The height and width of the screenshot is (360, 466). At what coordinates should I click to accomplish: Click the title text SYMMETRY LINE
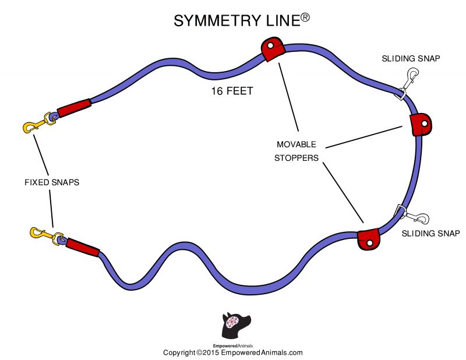point(236,20)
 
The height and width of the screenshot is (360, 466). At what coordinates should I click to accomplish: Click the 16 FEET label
point(232,91)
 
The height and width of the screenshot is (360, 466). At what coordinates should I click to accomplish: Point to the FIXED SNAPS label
point(51,182)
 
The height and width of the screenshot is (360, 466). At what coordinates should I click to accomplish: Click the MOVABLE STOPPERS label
point(296,150)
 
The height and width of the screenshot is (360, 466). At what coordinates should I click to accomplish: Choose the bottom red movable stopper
point(368,239)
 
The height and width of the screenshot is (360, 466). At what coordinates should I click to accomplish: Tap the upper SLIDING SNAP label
point(411,59)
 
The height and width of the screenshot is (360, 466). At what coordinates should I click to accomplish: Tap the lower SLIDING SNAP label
point(431,234)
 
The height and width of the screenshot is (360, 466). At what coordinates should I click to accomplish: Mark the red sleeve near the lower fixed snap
point(82,248)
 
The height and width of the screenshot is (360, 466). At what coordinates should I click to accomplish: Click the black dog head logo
point(236,324)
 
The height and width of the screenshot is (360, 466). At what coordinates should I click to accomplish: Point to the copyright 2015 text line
point(232,352)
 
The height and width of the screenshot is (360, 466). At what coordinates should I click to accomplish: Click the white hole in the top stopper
point(271,45)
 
